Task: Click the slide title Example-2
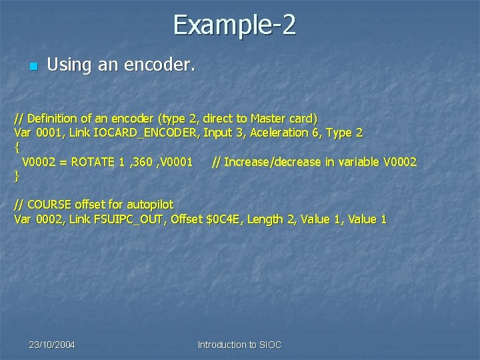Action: click(235, 25)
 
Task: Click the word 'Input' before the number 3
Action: click(218, 133)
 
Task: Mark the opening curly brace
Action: click(17, 147)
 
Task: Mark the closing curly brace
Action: click(17, 177)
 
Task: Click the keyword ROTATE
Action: click(93, 162)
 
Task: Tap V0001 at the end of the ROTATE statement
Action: click(176, 162)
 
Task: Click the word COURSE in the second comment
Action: click(52, 205)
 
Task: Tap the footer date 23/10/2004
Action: click(52, 345)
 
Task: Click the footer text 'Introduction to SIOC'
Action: click(240, 345)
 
